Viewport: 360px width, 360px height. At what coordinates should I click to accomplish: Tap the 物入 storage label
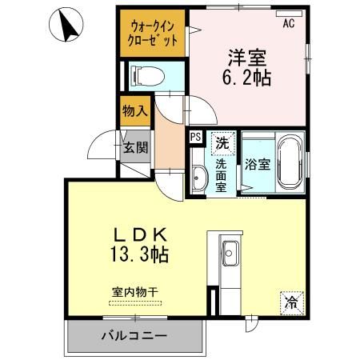tap(134, 111)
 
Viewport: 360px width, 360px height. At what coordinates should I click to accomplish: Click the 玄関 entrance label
tap(134, 147)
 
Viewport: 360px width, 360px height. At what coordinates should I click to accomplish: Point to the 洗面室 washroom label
tap(221, 174)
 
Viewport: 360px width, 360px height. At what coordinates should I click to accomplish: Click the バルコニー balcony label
tap(134, 335)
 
